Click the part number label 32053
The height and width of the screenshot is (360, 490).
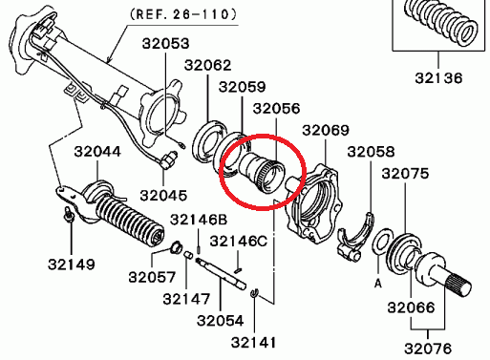165,44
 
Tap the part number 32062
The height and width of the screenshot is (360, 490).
207,65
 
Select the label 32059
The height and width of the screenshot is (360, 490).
242,87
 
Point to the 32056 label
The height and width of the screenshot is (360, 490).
276,109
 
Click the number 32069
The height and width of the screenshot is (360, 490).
326,130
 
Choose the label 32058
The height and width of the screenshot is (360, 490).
371,152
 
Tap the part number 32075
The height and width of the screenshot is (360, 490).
405,174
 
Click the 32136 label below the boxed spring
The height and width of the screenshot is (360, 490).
438,78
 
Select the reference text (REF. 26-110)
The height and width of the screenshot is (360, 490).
183,14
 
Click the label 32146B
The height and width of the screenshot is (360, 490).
199,220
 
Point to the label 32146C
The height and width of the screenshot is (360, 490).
239,242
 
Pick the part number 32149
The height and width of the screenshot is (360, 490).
72,265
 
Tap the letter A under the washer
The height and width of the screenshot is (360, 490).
378,283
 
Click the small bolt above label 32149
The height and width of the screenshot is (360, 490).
70,214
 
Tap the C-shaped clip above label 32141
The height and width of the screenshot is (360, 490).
254,293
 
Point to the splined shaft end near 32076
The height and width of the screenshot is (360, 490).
458,286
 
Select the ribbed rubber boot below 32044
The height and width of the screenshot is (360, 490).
129,220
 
